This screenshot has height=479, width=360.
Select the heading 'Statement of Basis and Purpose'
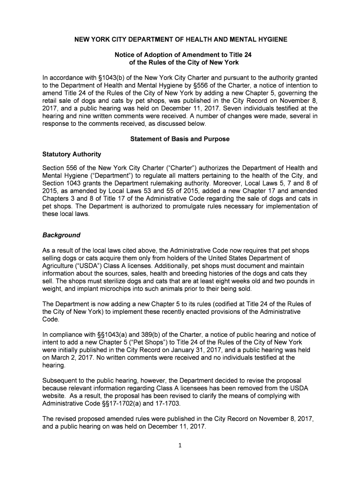tap(180, 139)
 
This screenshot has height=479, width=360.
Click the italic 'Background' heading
tap(61, 235)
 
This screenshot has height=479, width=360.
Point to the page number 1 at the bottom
tap(180, 445)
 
